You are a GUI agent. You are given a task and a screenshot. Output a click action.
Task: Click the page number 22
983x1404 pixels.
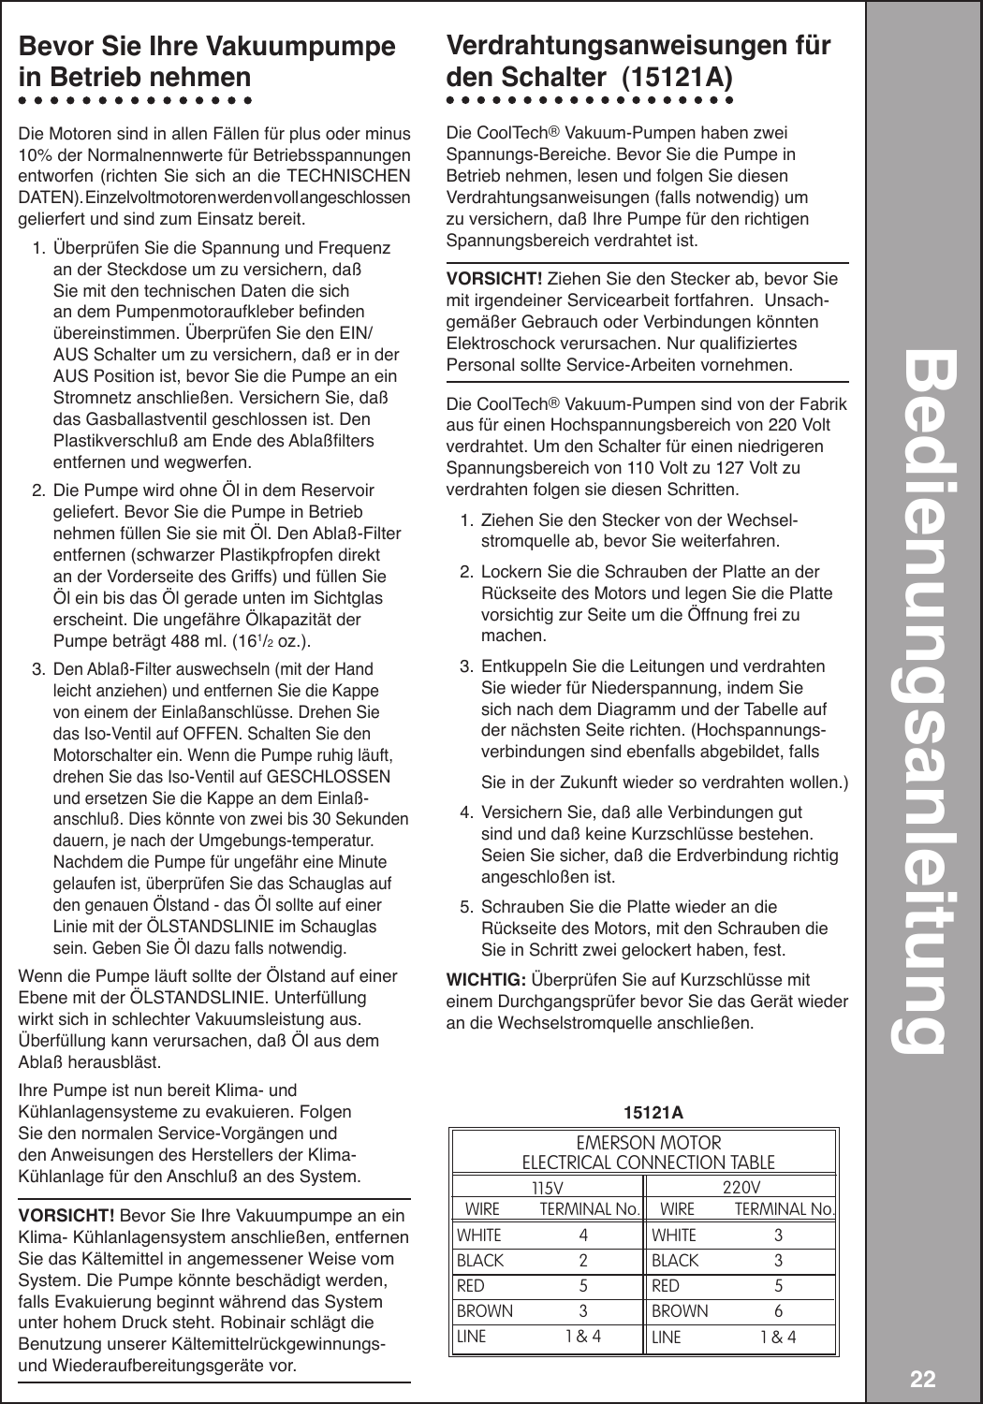click(922, 1379)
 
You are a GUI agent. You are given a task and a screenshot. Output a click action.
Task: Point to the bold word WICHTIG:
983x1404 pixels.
click(487, 980)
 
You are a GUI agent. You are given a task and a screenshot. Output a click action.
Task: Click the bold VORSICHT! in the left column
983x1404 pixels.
click(66, 1216)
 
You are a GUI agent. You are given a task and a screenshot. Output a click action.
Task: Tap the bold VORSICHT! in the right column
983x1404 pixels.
click(494, 279)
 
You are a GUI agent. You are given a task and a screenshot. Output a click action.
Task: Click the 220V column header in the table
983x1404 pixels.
click(742, 1187)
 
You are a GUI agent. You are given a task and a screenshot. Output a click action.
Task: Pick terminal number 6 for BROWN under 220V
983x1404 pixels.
click(778, 1311)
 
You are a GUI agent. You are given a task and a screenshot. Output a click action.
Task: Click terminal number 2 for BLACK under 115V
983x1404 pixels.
click(583, 1261)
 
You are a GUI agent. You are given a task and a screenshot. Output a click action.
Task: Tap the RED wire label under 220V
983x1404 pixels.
click(666, 1286)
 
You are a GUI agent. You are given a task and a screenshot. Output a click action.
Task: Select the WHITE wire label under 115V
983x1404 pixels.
click(479, 1236)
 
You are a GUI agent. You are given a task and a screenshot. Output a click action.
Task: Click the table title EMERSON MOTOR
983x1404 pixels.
click(648, 1144)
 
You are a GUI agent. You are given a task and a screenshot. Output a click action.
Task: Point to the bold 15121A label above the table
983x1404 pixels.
click(653, 1113)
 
